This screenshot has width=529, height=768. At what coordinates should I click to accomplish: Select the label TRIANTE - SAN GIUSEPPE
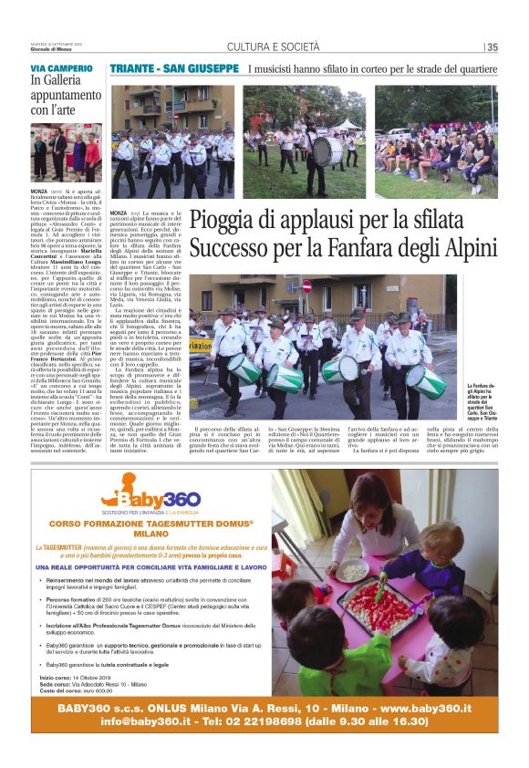(x=173, y=69)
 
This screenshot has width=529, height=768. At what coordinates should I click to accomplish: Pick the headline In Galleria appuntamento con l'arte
(x=60, y=96)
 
